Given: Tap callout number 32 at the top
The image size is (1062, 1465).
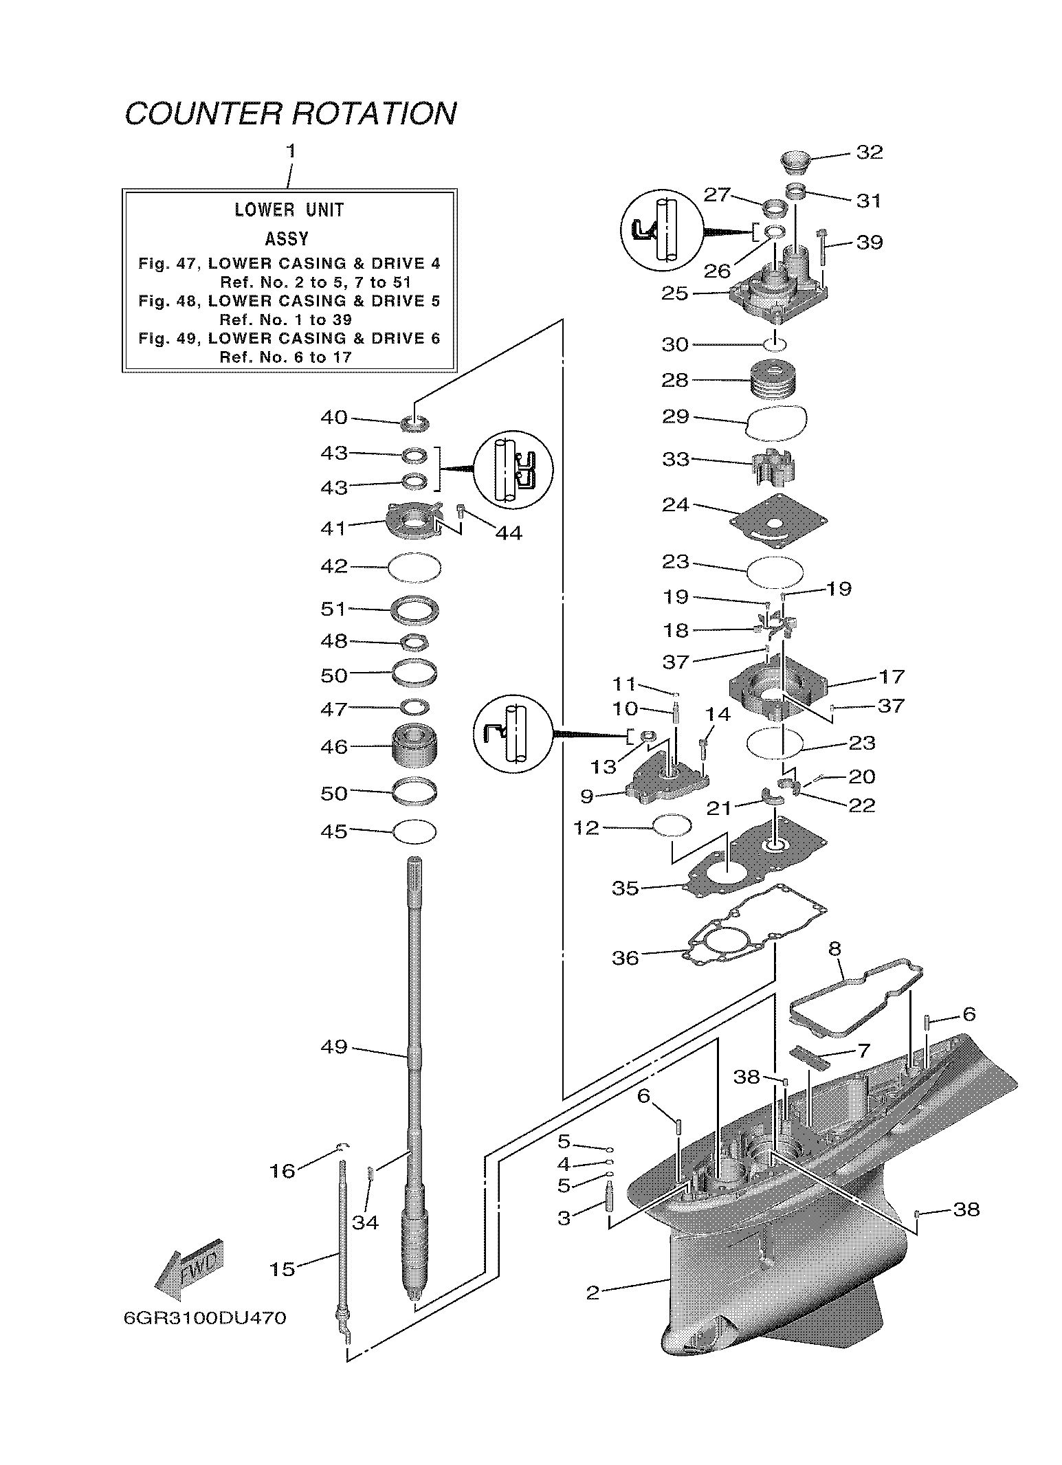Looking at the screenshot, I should (x=869, y=152).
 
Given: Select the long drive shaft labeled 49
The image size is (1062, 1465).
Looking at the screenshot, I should (x=415, y=1031).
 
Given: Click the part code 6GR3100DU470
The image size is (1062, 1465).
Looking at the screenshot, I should (x=205, y=1319).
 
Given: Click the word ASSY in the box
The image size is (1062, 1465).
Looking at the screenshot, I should (x=287, y=239).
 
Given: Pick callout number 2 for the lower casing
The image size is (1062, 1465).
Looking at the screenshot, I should (x=593, y=1293).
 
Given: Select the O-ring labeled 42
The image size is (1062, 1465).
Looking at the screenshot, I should (x=414, y=568).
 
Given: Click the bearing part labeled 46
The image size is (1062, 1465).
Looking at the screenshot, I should (x=414, y=747).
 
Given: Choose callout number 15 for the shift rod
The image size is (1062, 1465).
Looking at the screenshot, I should (x=282, y=1269).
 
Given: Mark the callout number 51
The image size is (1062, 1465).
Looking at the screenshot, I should (x=333, y=609).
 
